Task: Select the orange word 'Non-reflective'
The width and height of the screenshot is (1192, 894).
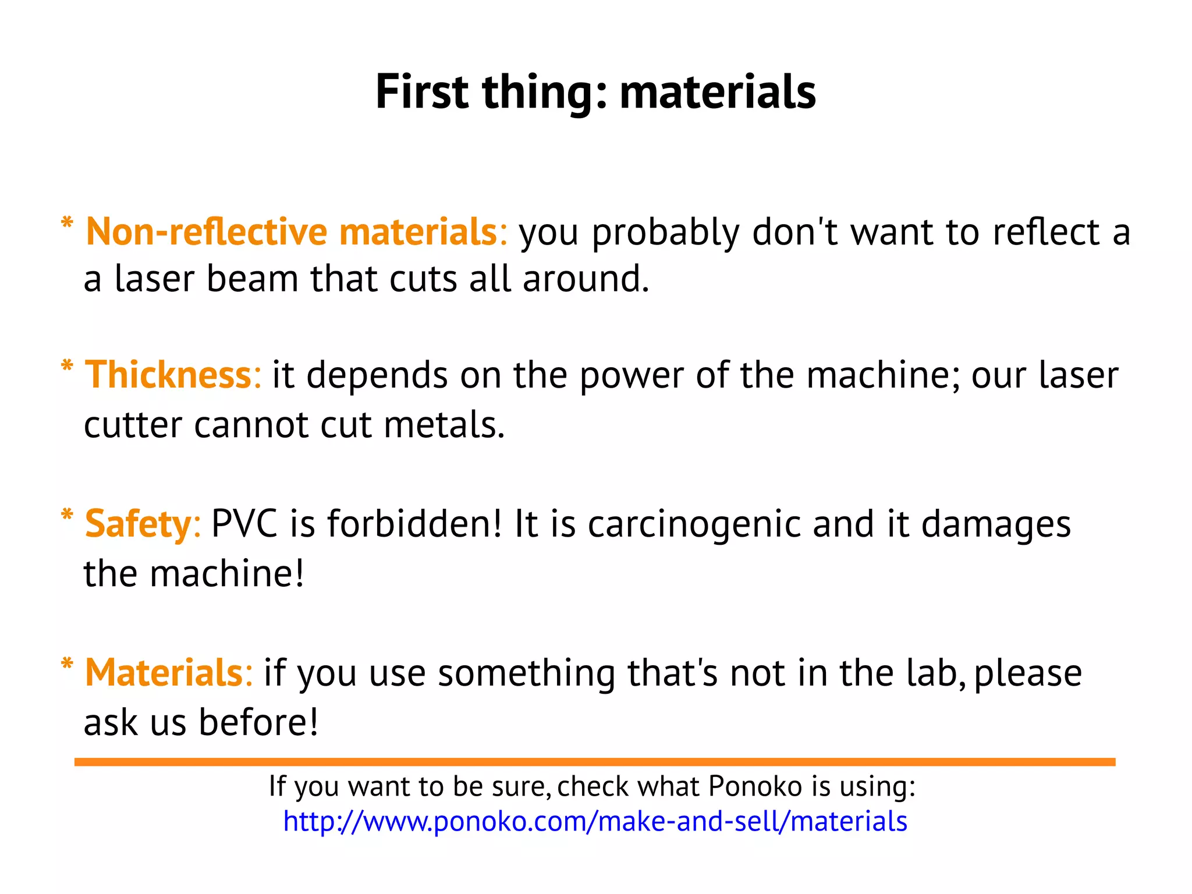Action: tap(207, 232)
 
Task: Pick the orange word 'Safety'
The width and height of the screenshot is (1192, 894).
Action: tap(138, 524)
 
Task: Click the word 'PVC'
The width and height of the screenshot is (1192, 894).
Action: tap(244, 523)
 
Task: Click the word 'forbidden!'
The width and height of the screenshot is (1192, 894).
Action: tap(414, 523)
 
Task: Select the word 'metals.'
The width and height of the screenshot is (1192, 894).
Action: tap(444, 424)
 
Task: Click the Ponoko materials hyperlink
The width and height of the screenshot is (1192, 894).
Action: tap(595, 821)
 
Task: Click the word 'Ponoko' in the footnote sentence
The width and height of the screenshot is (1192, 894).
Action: tap(755, 786)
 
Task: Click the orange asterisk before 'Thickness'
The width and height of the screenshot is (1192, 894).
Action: tap(67, 367)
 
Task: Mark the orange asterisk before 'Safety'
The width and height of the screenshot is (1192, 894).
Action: tap(67, 515)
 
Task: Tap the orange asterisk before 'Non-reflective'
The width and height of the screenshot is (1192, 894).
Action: tap(67, 223)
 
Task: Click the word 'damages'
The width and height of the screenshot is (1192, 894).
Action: tap(996, 524)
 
